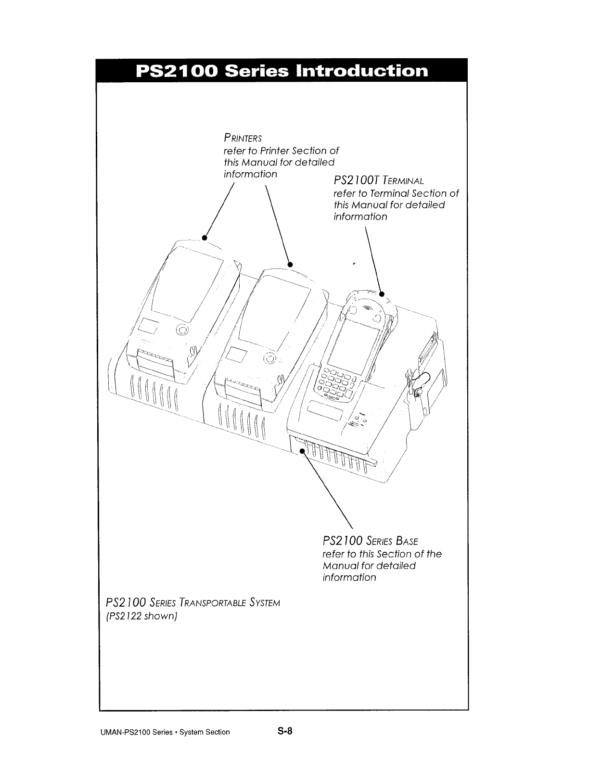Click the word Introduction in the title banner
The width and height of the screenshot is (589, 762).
pyautogui.click(x=362, y=71)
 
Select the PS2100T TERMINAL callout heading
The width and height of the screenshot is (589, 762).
pyautogui.click(x=378, y=181)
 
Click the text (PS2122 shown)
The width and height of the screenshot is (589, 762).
pyautogui.click(x=141, y=616)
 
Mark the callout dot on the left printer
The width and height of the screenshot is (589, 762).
pyautogui.click(x=204, y=237)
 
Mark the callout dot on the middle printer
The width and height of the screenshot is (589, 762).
pyautogui.click(x=290, y=264)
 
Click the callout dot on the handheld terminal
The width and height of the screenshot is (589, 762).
pyautogui.click(x=382, y=293)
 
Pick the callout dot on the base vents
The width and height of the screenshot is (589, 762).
pyautogui.click(x=302, y=451)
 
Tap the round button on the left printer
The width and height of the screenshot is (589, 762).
pyautogui.click(x=182, y=330)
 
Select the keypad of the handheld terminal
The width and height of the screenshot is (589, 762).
pyautogui.click(x=335, y=383)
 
